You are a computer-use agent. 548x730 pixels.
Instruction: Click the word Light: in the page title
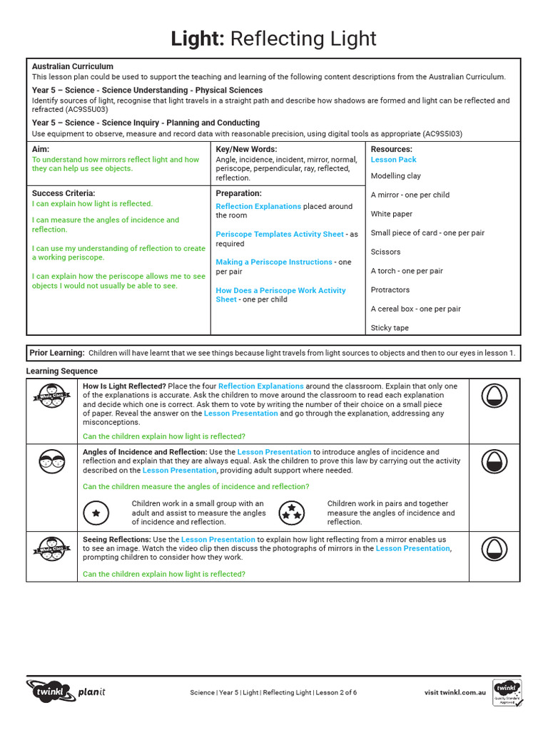pos(197,38)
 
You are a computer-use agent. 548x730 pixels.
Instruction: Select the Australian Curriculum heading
pos(72,66)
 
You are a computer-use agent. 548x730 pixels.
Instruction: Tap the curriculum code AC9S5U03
pos(86,110)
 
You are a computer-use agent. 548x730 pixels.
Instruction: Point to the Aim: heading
pos(41,149)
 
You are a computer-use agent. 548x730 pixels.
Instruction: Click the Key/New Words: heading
pos(246,149)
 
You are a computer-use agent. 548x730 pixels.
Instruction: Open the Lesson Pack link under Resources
pos(393,160)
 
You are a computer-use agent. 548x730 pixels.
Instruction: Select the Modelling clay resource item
pos(395,176)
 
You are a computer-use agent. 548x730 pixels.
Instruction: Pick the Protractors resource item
pos(390,290)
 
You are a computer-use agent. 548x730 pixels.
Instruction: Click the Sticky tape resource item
pos(389,328)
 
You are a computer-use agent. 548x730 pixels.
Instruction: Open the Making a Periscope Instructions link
pos(274,262)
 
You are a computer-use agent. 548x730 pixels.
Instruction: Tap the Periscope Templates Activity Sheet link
pos(280,234)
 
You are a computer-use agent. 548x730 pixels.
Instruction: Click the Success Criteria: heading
pos(64,193)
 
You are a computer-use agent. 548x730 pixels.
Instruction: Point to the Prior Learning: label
pos(57,353)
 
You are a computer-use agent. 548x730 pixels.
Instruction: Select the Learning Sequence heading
pos(62,371)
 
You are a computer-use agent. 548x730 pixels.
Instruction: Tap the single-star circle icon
pos(96,513)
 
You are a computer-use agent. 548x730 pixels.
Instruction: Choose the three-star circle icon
pos(291,513)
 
